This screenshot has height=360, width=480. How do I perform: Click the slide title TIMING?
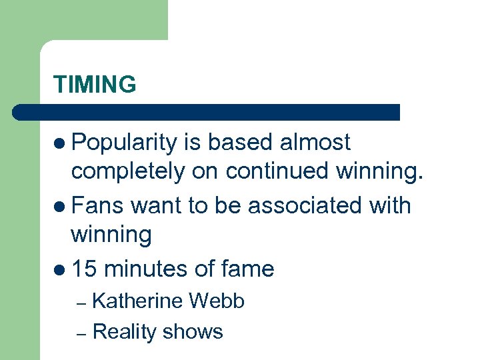[x=95, y=85]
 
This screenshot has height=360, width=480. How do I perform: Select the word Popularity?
[x=124, y=142]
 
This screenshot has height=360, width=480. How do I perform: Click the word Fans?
[x=98, y=205]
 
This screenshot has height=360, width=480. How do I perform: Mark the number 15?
[x=85, y=269]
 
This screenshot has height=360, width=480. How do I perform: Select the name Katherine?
[x=137, y=301]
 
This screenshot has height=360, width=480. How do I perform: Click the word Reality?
[x=123, y=331]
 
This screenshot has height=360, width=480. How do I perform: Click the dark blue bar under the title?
[x=207, y=112]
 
